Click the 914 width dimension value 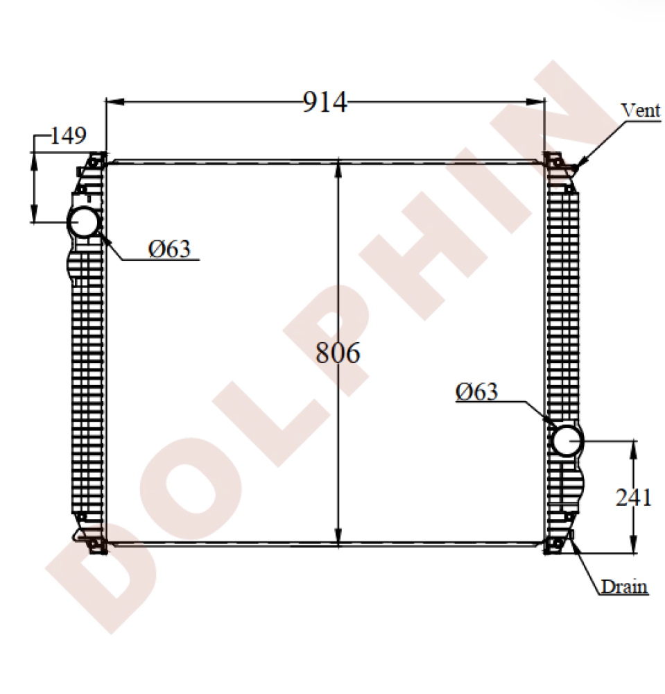point(325,103)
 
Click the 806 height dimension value point(338,353)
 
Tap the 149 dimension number point(68,135)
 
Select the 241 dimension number point(633,497)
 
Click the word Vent point(640,110)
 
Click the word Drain point(624,587)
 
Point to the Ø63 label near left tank point(169,248)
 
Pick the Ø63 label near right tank point(476,392)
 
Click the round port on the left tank point(83,221)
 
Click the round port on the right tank point(566,439)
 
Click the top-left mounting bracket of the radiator point(93,162)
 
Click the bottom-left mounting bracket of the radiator point(94,545)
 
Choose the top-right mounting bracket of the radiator point(554,160)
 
